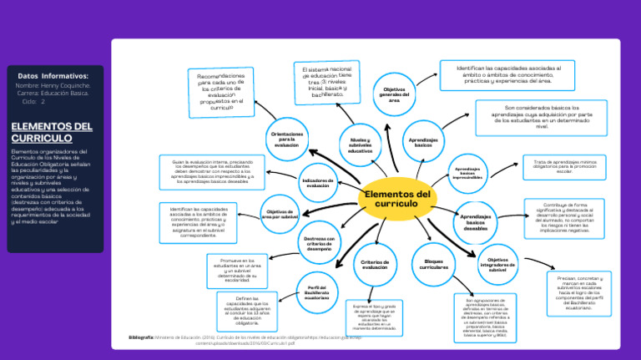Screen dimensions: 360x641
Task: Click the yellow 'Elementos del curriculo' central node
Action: [x=398, y=200]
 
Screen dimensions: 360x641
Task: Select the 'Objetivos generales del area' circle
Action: [x=395, y=95]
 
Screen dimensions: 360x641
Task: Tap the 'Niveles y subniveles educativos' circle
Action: [x=361, y=145]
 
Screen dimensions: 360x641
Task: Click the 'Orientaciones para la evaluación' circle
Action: [x=286, y=139]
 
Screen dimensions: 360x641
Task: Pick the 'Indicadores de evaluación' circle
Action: [x=318, y=183]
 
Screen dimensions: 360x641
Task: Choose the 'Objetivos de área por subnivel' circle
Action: [x=281, y=214]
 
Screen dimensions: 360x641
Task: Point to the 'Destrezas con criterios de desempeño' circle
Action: [x=319, y=243]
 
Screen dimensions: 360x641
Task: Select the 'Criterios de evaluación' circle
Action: [x=375, y=265]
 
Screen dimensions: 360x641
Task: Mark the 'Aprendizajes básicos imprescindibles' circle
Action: [x=468, y=173]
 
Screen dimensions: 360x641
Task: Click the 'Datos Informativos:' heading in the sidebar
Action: [x=53, y=76]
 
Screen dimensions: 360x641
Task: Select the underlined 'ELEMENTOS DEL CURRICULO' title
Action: [x=52, y=132]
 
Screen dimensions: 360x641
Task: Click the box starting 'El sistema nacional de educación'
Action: [x=327, y=82]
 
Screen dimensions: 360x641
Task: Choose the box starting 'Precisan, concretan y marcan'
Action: [x=578, y=293]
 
